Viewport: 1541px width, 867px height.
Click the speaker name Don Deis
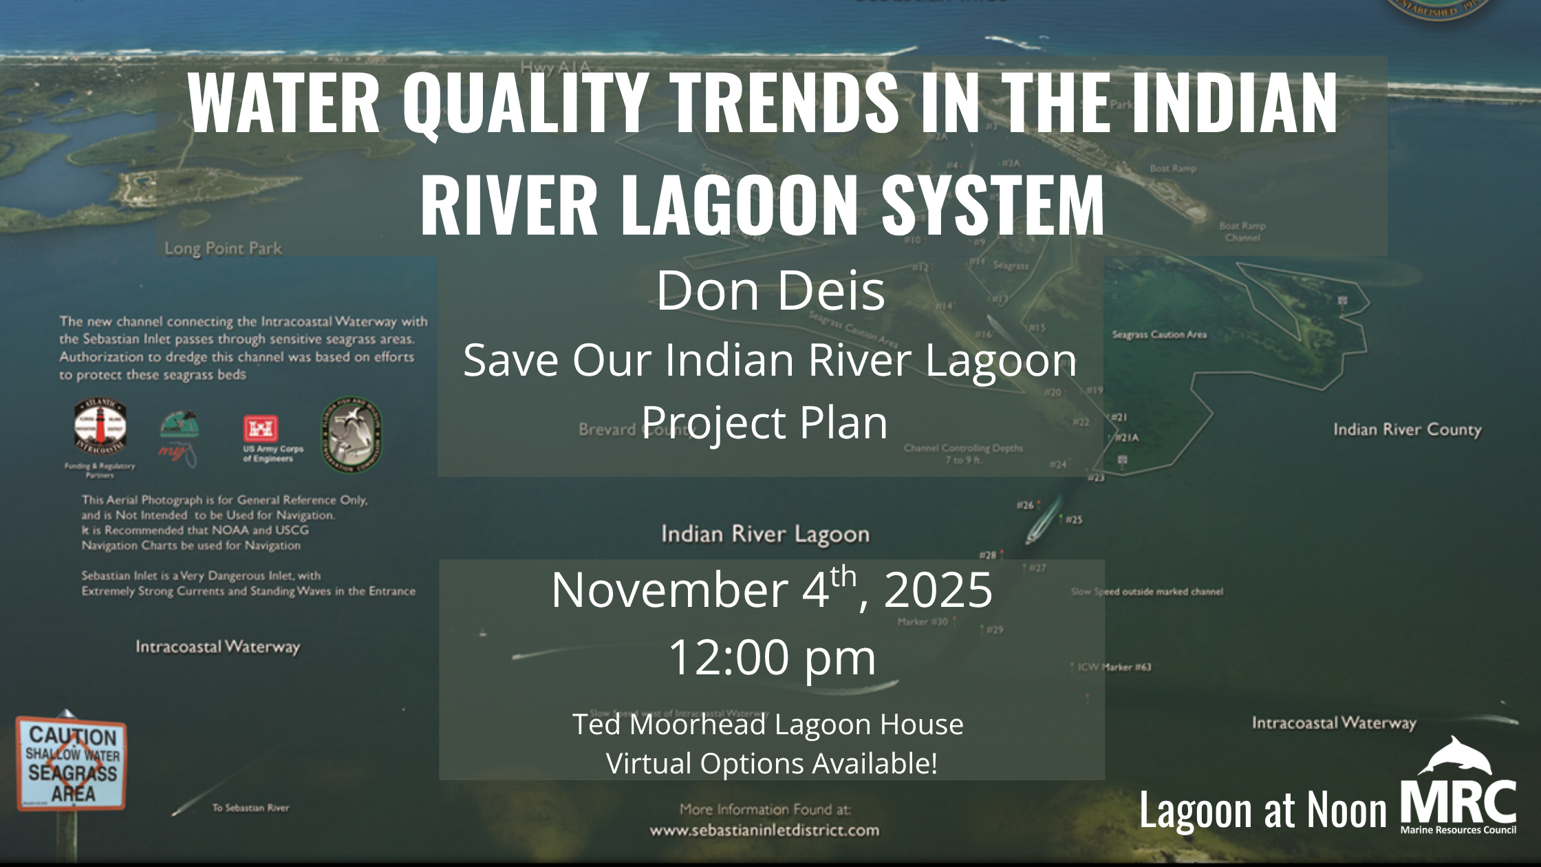[770, 290]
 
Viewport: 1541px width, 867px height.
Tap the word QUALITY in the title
[526, 103]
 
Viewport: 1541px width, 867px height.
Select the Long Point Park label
[223, 248]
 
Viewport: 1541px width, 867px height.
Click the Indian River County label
[1407, 429]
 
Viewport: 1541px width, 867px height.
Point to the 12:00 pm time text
[772, 657]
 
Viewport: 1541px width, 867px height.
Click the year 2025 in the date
[938, 590]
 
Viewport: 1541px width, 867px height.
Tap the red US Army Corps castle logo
[261, 429]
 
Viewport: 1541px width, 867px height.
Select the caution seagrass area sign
[72, 764]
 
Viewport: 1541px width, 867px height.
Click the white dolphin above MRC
[1454, 756]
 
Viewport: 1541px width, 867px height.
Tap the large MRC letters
[1458, 802]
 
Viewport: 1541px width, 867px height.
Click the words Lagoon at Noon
[1262, 810]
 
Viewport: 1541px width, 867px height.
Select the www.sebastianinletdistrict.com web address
[764, 831]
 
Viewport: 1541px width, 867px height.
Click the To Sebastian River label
[250, 808]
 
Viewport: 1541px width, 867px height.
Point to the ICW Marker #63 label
[1114, 667]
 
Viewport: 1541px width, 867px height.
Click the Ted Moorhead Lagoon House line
[768, 725]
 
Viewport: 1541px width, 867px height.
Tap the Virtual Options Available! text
[771, 764]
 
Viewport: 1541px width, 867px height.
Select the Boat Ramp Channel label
[1242, 232]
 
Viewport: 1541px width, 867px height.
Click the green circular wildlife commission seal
[352, 434]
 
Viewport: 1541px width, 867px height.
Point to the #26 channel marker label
[1025, 505]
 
